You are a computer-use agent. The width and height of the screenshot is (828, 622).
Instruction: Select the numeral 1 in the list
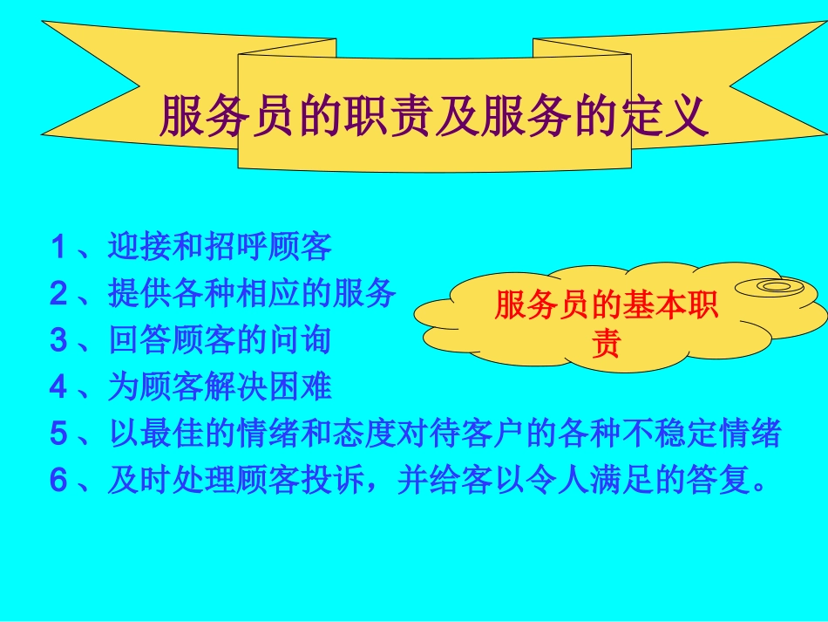[58, 248]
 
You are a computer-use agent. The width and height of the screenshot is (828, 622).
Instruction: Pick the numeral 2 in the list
[58, 294]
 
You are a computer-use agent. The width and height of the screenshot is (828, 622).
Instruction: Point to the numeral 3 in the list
[58, 340]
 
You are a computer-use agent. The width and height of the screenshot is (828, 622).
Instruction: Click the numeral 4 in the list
[58, 386]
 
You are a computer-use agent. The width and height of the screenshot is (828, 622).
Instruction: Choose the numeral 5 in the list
[58, 434]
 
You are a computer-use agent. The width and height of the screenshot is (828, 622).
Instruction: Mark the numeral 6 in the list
[58, 480]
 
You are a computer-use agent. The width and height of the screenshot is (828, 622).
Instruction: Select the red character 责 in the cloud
[605, 345]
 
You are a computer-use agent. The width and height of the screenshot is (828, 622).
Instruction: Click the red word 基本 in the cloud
[649, 307]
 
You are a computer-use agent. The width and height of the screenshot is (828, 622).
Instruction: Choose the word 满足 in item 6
[644, 480]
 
